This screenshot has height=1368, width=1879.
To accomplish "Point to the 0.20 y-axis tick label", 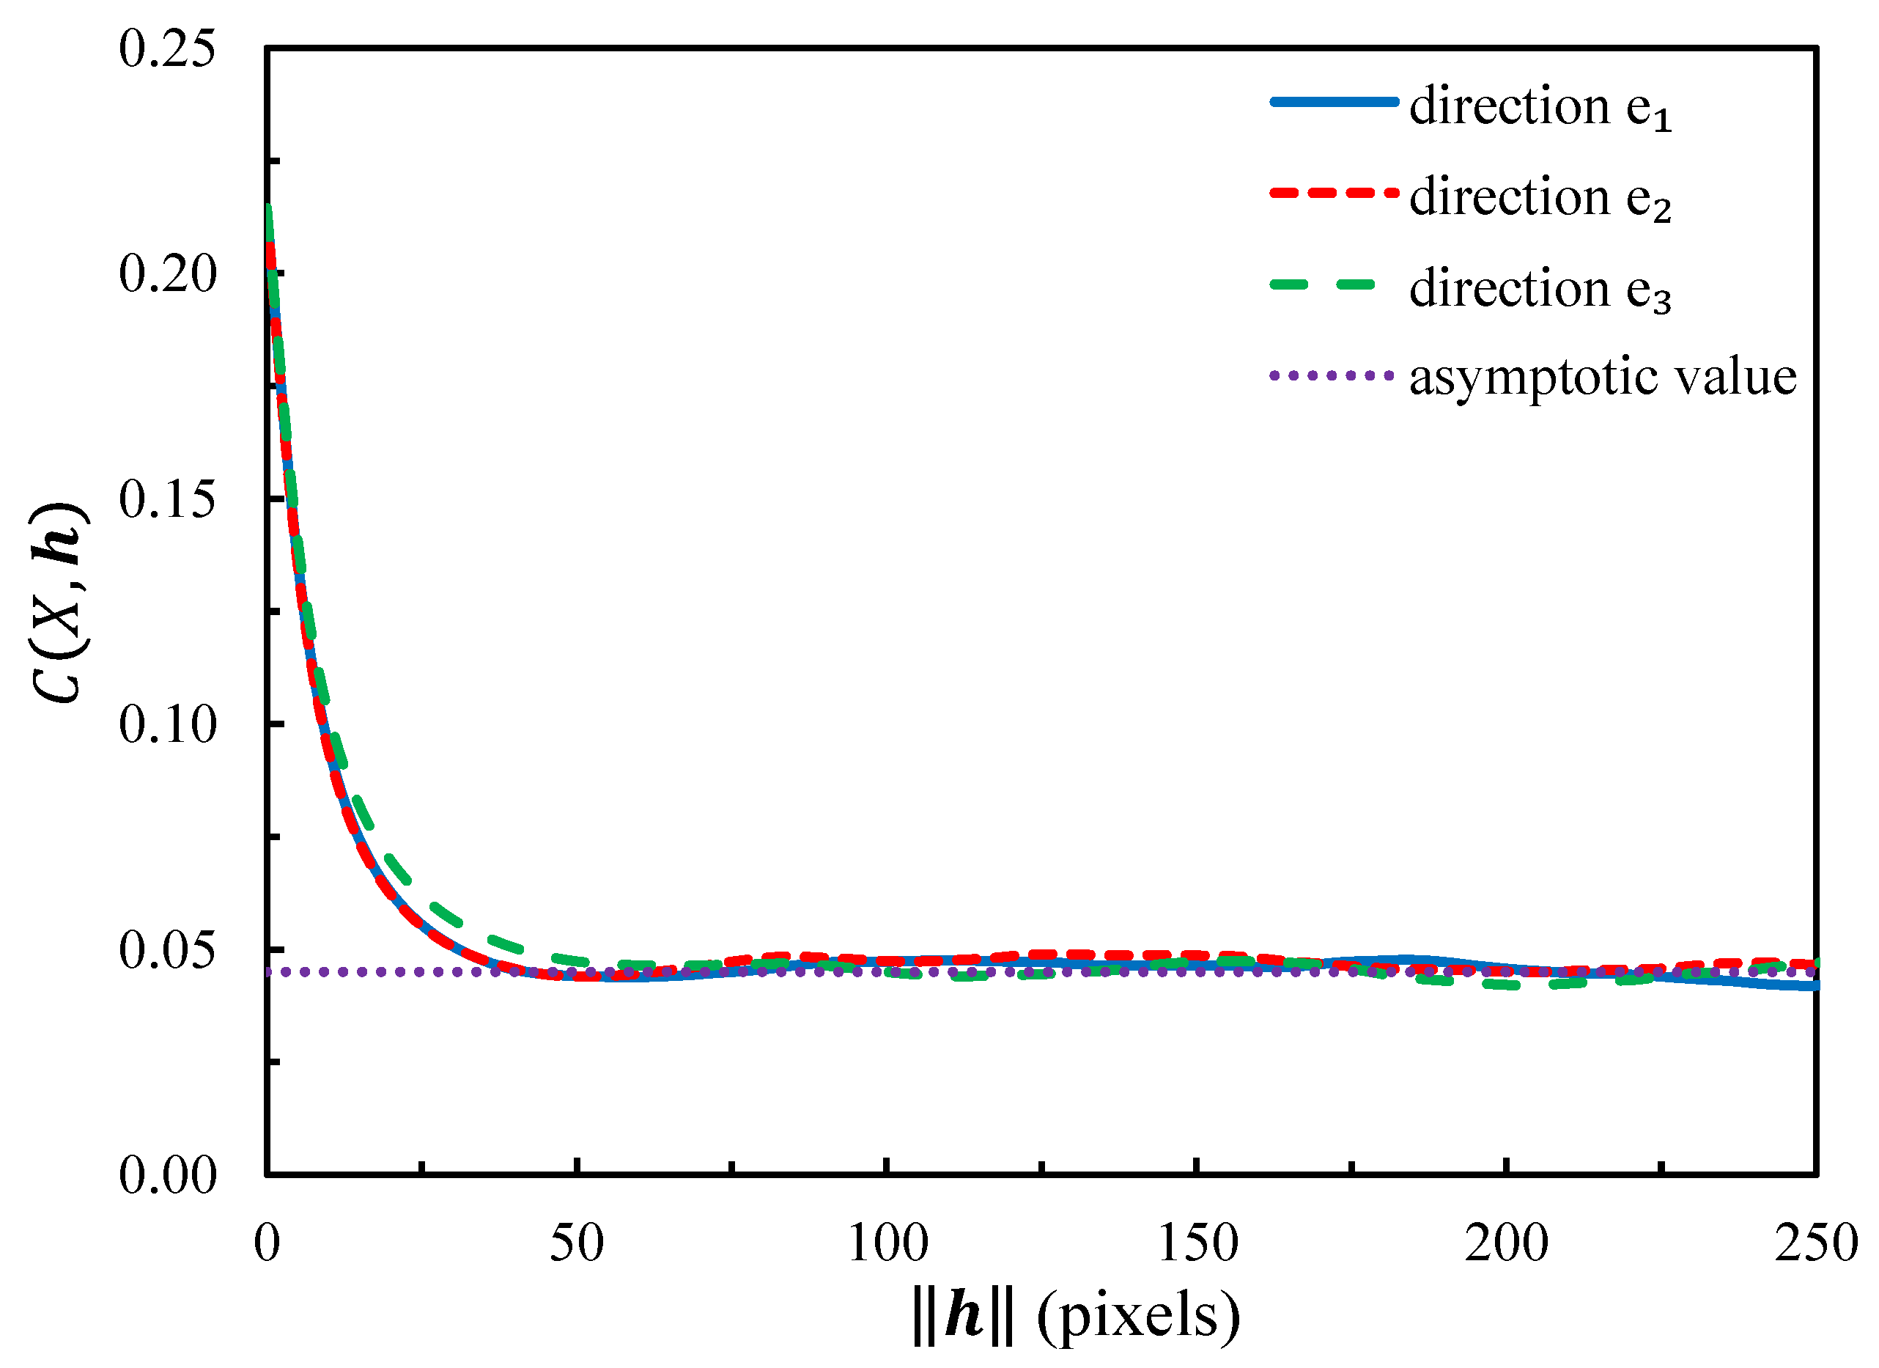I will pyautogui.click(x=166, y=274).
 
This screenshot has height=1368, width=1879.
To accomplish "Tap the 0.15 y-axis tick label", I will pyautogui.click(x=166, y=500).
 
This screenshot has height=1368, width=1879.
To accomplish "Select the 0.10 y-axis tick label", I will pyautogui.click(x=166, y=725).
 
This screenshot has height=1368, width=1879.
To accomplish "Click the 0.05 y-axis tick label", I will pyautogui.click(x=166, y=950).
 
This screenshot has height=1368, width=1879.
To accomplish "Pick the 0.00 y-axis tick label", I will pyautogui.click(x=166, y=1175).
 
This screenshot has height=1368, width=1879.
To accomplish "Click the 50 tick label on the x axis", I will pyautogui.click(x=577, y=1243).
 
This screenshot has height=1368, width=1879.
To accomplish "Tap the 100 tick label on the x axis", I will pyautogui.click(x=887, y=1243).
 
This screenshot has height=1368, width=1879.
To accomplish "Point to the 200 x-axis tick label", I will pyautogui.click(x=1506, y=1243).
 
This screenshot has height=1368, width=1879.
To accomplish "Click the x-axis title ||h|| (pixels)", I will pyautogui.click(x=1074, y=1317).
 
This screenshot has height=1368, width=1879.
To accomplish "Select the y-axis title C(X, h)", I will pyautogui.click(x=58, y=603).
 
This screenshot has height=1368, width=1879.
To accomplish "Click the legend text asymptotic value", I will pyautogui.click(x=1602, y=378).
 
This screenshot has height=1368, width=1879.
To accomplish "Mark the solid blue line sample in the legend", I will pyautogui.click(x=1333, y=102).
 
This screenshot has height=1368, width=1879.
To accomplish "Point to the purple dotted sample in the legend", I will pyautogui.click(x=1333, y=375).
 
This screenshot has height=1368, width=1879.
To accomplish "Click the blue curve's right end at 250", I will pyautogui.click(x=1814, y=986).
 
